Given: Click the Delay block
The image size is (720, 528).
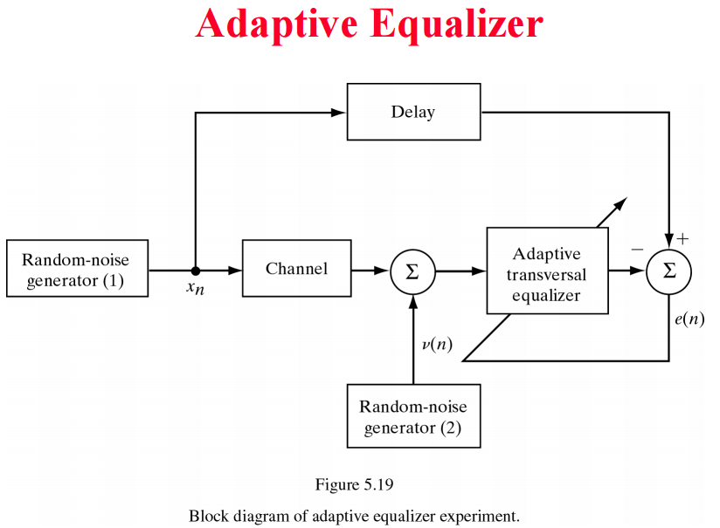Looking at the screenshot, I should pyautogui.click(x=413, y=112).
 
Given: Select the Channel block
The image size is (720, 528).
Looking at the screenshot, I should pyautogui.click(x=296, y=269).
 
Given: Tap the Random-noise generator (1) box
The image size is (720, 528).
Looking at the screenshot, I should pyautogui.click(x=77, y=269).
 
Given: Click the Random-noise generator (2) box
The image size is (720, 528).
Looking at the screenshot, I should pyautogui.click(x=413, y=417).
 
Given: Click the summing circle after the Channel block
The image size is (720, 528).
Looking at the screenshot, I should pyautogui.click(x=412, y=271).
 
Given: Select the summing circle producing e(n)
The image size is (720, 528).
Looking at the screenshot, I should pyautogui.click(x=669, y=271).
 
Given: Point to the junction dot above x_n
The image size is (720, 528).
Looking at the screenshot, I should pyautogui.click(x=195, y=271).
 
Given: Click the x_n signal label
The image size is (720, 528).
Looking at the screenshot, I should pyautogui.click(x=195, y=289).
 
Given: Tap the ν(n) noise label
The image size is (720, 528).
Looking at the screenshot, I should pyautogui.click(x=436, y=343).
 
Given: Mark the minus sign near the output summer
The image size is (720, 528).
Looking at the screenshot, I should pyautogui.click(x=637, y=250).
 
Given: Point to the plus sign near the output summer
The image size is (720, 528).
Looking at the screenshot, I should pyautogui.click(x=683, y=238).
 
